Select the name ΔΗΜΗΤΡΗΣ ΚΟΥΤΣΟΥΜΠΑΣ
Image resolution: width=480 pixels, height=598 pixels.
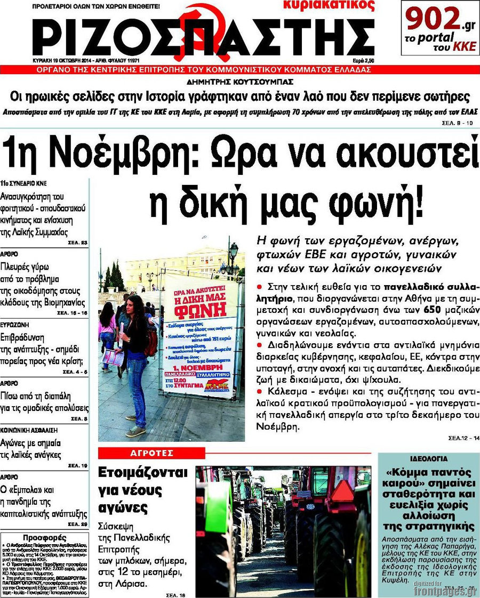(240, 83)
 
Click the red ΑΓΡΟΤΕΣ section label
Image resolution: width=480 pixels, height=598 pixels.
(152, 453)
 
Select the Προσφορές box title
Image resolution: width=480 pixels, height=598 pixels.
(44, 537)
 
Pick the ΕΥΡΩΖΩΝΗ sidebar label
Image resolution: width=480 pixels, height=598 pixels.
(15, 324)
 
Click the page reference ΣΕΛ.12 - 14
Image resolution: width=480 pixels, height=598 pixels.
(463, 438)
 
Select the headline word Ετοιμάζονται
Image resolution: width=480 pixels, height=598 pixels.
(143, 473)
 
